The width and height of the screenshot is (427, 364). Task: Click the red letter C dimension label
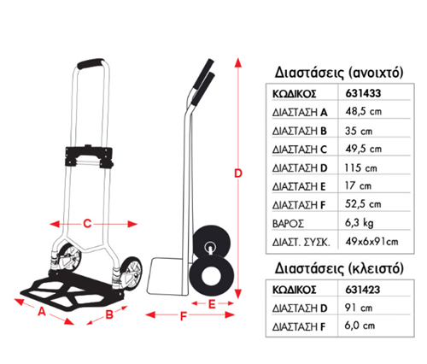[x=87, y=224]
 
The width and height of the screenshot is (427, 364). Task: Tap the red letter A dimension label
[x=42, y=311]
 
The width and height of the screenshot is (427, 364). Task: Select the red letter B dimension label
[x=109, y=314]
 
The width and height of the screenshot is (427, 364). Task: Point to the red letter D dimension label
[x=238, y=173]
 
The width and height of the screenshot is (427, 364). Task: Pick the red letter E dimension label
[x=212, y=304]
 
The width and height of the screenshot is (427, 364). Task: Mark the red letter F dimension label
[x=184, y=316]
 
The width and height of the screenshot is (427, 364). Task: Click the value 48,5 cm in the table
[x=363, y=111]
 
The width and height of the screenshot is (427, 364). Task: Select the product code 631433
[x=363, y=93]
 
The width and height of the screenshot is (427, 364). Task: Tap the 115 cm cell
[x=360, y=167]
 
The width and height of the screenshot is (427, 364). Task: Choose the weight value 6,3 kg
[x=359, y=223]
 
